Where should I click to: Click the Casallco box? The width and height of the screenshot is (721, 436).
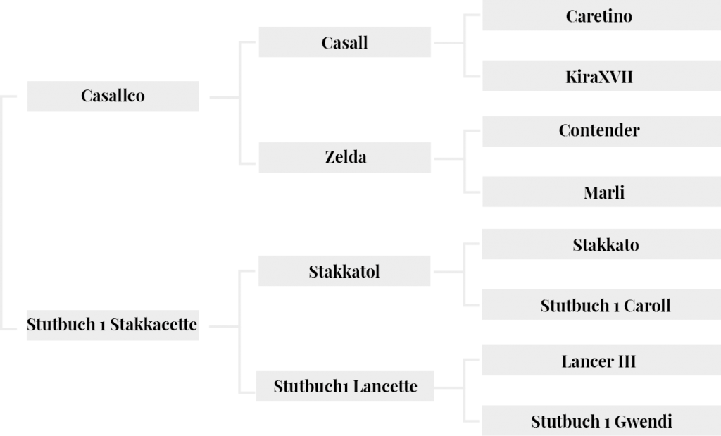tap(113, 96)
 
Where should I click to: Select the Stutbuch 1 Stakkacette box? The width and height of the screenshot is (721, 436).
tap(113, 325)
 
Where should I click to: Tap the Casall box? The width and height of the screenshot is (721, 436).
tap(345, 42)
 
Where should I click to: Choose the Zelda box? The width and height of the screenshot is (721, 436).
tap(345, 157)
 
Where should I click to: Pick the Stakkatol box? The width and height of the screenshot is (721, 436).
tap(344, 271)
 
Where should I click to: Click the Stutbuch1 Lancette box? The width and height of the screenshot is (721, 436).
tap(345, 386)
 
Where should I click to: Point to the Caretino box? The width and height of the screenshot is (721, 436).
tap(601, 15)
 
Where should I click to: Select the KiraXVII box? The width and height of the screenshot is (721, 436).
tap(601, 75)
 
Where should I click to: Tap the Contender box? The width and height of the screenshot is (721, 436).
tap(601, 131)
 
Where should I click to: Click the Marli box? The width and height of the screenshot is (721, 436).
tap(601, 192)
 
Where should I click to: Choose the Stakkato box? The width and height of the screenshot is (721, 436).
tap(601, 244)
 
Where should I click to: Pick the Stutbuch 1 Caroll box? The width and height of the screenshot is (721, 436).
tap(601, 304)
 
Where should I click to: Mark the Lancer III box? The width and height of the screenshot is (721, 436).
tap(601, 360)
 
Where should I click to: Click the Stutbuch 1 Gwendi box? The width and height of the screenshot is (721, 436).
tap(601, 421)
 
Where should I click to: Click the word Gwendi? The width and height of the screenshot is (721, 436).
tap(644, 421)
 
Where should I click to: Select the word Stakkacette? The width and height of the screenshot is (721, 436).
tap(153, 324)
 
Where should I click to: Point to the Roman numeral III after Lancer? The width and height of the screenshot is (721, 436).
tap(627, 361)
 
